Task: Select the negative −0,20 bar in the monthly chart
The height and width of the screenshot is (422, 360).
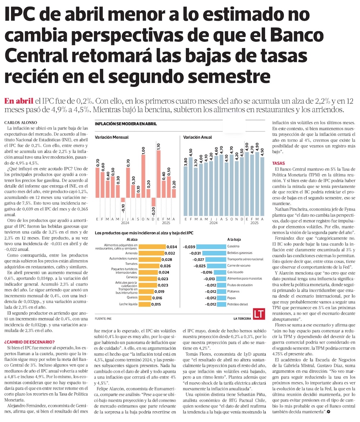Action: (153, 202)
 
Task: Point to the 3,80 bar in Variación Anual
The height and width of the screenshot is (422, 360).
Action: (186, 182)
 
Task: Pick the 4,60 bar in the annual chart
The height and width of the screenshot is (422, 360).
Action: (216, 176)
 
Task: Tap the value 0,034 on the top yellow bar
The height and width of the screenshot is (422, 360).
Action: (172, 247)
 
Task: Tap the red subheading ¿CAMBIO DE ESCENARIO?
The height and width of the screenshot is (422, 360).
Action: (30, 342)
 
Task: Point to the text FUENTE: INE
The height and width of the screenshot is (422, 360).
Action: (104, 319)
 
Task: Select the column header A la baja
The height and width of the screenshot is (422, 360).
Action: (234, 239)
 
